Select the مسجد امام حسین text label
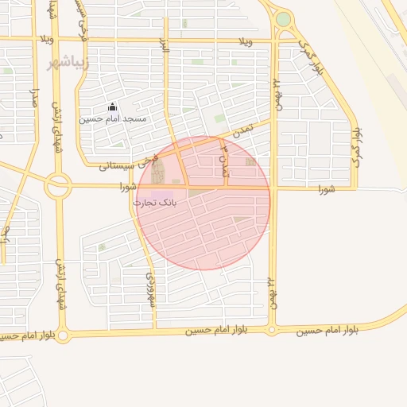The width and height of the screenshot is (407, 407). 112,119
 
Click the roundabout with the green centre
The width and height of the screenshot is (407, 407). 283,19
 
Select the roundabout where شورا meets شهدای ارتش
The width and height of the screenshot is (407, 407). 58,188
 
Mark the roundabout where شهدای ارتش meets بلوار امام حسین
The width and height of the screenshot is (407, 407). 64,336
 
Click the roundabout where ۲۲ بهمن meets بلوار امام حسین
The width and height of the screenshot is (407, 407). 272,329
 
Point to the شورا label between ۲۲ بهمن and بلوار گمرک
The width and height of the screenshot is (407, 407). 327,189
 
